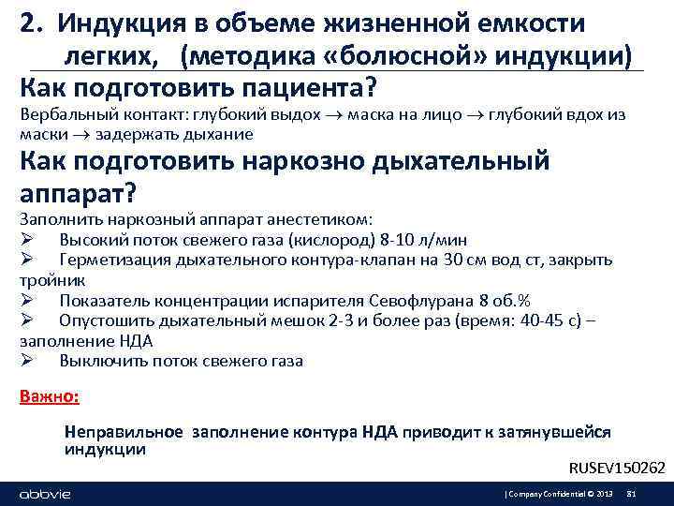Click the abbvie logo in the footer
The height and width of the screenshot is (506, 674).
45,494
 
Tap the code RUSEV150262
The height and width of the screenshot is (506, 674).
618,468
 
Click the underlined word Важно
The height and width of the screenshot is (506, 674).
49,395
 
